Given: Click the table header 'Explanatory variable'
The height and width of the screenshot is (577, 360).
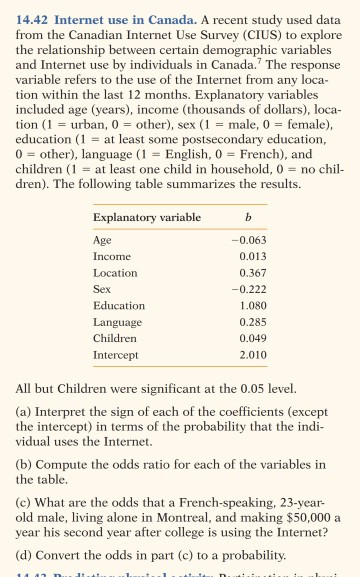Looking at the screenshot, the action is coord(146,217).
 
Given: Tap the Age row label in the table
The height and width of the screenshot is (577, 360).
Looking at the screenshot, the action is coord(102,241).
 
